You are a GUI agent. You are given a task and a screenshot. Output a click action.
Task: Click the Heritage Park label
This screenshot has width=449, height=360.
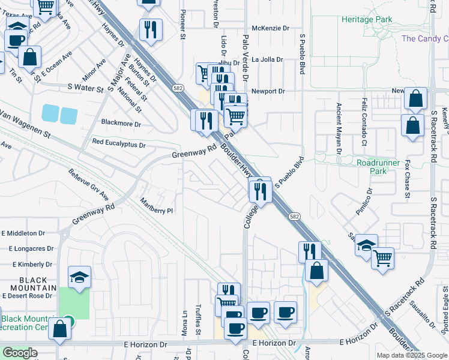pyautogui.click(x=367, y=20)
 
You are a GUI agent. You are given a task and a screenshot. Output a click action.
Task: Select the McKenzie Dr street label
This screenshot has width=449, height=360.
pyautogui.click(x=270, y=28)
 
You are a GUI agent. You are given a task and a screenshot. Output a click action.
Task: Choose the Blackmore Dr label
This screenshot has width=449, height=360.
pyautogui.click(x=121, y=124)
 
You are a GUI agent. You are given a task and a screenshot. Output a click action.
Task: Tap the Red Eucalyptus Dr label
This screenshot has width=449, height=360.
pyautogui.click(x=119, y=145)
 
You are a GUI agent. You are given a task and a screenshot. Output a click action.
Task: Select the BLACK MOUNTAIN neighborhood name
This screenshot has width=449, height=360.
pyautogui.click(x=25, y=284)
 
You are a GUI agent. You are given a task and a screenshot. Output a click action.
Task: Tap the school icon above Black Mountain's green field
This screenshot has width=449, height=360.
pyautogui.click(x=79, y=277)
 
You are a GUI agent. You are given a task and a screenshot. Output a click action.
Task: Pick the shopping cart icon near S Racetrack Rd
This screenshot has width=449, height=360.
pyautogui.click(x=382, y=258)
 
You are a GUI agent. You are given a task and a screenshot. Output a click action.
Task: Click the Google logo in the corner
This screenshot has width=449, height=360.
pyautogui.click(x=20, y=353)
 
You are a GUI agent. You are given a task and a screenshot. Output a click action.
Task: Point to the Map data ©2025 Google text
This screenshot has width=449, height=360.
pyautogui.click(x=412, y=355)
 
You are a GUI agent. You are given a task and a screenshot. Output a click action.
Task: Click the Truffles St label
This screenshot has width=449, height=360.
pyautogui.click(x=197, y=321)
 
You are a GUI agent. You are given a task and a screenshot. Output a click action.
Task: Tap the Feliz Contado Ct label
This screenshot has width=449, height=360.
pyautogui.click(x=364, y=122)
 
